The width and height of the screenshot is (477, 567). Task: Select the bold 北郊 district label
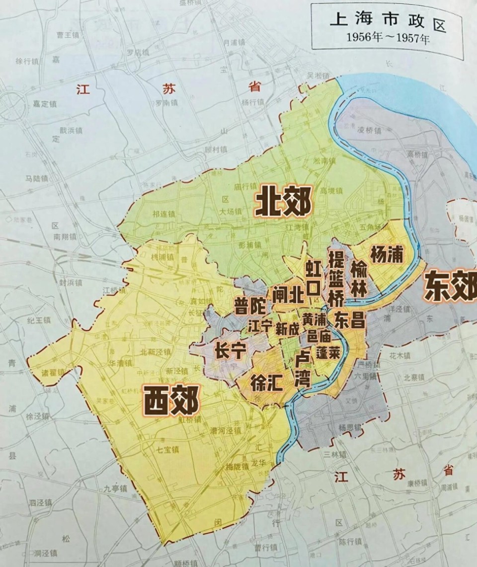click(283, 203)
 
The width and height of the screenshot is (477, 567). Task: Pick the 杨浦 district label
click(386, 254)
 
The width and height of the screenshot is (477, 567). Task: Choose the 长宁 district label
click(230, 351)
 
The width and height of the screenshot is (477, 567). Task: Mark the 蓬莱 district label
click(328, 353)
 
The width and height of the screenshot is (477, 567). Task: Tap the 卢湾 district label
click(302, 370)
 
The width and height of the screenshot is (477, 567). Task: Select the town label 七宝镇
click(167, 450)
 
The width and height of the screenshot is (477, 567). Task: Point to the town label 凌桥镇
click(369, 130)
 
